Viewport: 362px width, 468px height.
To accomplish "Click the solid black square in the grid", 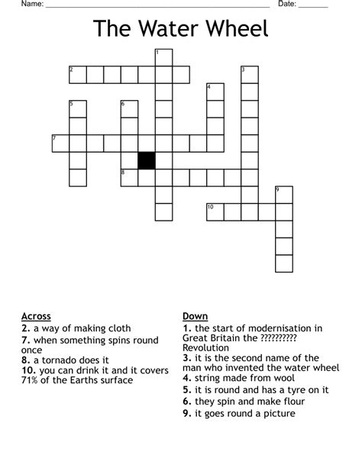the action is tap(146, 160).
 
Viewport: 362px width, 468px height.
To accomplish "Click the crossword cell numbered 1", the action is tap(163, 57).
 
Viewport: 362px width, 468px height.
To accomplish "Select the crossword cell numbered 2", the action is tap(77, 74).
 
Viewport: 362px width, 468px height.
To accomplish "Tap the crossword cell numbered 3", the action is tap(250, 74).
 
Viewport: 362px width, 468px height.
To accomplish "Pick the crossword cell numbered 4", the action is tap(215, 92).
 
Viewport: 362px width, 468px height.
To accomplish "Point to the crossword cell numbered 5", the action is tap(77, 108).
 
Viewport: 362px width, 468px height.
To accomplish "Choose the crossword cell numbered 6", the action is tap(129, 108).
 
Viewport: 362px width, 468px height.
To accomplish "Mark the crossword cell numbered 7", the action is tap(60, 143).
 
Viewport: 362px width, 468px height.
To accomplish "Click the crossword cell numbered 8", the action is tap(129, 177).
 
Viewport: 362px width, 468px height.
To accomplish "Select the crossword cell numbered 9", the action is tap(284, 195).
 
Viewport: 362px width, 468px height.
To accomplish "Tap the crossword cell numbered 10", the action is tap(215, 211).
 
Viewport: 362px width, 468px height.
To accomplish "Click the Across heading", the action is tap(37, 316).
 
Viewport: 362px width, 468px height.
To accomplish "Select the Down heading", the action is tap(195, 316).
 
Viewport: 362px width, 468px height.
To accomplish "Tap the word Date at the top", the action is tap(286, 5).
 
